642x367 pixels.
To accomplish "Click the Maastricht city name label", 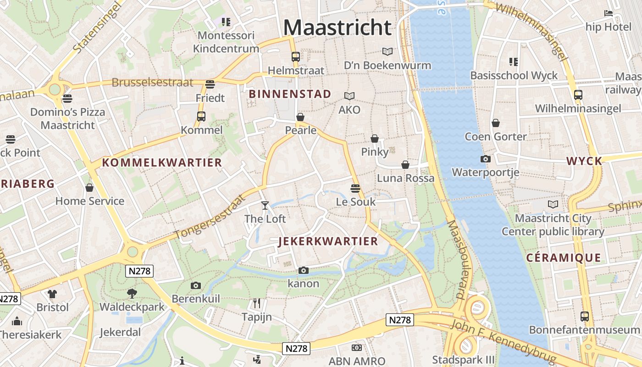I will click(x=337, y=28).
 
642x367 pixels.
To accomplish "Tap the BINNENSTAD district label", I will click(x=289, y=94).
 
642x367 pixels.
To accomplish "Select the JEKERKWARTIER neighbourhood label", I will click(x=328, y=241).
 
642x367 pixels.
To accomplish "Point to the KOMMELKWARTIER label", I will click(x=162, y=162).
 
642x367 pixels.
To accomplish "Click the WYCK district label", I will click(x=584, y=161).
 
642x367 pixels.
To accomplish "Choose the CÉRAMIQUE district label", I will click(x=563, y=258).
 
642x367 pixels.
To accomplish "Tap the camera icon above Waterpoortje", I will click(x=485, y=159).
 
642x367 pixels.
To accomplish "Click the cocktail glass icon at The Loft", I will click(x=265, y=205).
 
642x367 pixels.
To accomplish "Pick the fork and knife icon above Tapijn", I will click(x=257, y=303).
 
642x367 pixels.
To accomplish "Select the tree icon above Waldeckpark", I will click(x=132, y=293).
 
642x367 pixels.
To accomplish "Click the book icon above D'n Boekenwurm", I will click(x=387, y=52).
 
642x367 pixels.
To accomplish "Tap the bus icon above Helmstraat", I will click(x=296, y=57).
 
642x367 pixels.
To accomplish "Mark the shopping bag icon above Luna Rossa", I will click(x=405, y=164).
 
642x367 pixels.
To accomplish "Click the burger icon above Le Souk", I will click(x=355, y=188).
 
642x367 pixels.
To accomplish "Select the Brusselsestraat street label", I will click(x=152, y=83).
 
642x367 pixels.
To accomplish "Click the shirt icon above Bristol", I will click(x=52, y=294).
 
